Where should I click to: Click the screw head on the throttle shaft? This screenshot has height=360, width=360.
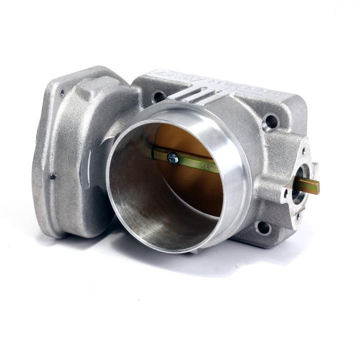[x=172, y=158]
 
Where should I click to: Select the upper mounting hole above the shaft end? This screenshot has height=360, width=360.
[x=271, y=121]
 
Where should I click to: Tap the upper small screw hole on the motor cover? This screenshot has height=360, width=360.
[x=62, y=94]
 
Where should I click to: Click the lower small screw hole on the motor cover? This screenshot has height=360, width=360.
[x=53, y=176]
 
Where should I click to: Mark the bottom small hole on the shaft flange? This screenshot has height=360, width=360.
[x=297, y=216]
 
